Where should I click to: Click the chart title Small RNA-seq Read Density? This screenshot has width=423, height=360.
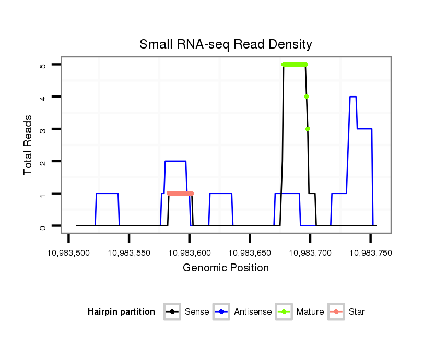point(226,44)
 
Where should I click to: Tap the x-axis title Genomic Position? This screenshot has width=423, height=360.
point(226,268)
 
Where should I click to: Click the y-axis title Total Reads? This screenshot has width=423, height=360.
point(28,146)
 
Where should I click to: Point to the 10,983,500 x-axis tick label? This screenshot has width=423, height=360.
point(69,253)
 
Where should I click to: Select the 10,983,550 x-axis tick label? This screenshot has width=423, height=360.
point(129,253)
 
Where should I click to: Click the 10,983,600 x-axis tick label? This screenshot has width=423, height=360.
point(189,253)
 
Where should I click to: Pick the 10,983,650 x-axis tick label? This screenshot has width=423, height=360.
point(250,253)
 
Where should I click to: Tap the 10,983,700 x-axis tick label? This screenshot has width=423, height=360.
point(310,253)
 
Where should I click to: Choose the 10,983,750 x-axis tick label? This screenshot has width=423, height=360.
point(370,253)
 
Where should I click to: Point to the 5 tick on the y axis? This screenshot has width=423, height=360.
point(42,65)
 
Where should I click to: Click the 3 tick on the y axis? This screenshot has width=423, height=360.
point(42,129)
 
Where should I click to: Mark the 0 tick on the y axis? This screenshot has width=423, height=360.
point(42,226)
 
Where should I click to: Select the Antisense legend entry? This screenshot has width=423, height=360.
point(243,312)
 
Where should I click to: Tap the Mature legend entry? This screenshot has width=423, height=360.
point(300,312)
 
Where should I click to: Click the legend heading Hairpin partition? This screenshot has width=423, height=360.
point(121,312)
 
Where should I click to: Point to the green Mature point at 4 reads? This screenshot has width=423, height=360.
point(307,97)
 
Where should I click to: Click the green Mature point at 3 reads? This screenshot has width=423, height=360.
point(308,129)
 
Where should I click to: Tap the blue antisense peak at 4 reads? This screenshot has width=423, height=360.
point(353,97)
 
